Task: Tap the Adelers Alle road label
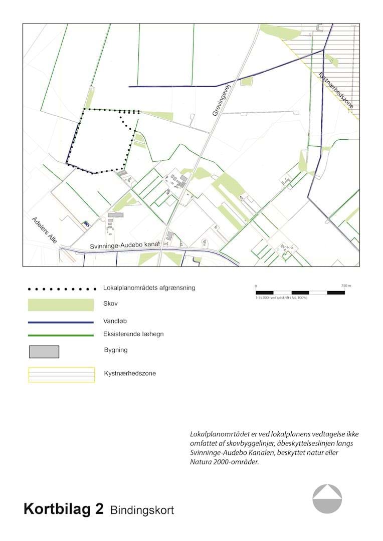point(44,230)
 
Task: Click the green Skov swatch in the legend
point(61,305)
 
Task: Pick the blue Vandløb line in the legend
point(61,323)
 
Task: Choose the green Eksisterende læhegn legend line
point(61,335)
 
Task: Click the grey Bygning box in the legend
point(44,352)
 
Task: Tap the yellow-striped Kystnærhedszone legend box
point(61,375)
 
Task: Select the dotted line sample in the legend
point(61,289)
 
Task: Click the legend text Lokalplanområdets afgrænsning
point(149,288)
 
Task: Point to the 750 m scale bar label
point(346,286)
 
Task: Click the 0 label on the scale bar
point(256,286)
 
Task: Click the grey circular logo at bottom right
point(327,499)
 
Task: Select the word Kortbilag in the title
point(63,509)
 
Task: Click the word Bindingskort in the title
point(142,510)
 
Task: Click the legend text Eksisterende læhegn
point(133,334)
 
